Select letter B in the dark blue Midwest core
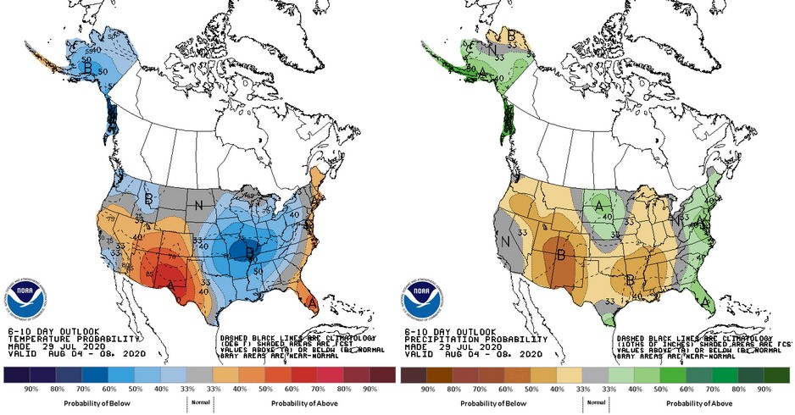click(249, 252)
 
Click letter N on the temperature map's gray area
click(199, 205)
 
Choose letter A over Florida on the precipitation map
click(707, 302)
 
